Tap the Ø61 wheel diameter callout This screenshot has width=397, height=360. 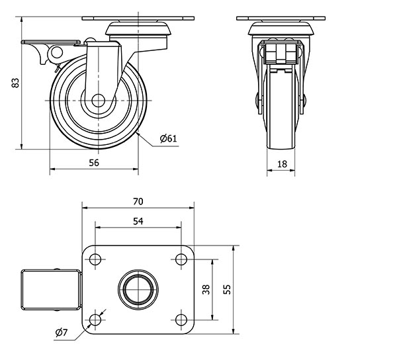click(x=169, y=138)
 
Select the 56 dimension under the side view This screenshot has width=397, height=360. click(x=93, y=163)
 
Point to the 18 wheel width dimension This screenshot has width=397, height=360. click(x=281, y=163)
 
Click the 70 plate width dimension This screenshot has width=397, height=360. click(x=138, y=201)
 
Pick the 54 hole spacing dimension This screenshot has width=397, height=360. click(x=138, y=222)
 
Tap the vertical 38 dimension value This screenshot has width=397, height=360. click(x=206, y=289)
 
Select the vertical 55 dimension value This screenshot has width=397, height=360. click(x=227, y=289)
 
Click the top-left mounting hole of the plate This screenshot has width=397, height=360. click(x=95, y=259)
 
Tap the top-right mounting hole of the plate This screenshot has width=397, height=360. click(x=181, y=259)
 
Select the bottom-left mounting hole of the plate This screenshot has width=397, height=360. click(x=95, y=320)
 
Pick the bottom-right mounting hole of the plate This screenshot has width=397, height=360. click(x=181, y=320)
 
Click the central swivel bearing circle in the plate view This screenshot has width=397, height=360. click(x=138, y=289)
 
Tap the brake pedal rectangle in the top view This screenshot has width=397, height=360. click(x=50, y=289)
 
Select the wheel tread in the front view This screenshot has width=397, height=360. click(x=281, y=119)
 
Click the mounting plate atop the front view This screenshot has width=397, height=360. click(x=281, y=19)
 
